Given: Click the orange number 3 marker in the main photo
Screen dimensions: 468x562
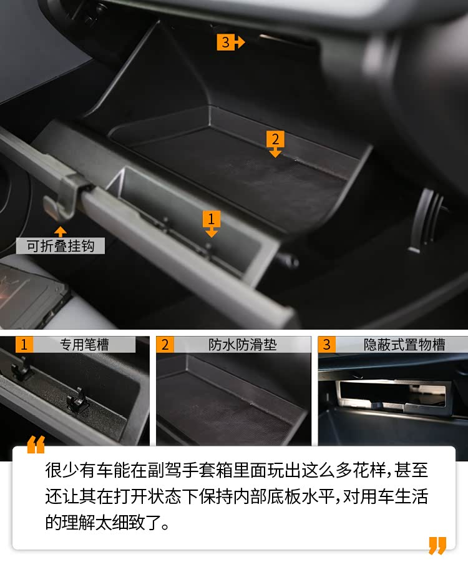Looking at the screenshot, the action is [x=230, y=42].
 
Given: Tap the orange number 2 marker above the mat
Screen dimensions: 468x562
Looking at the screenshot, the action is [x=275, y=144].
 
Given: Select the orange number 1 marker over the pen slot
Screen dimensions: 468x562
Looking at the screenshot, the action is [x=212, y=224].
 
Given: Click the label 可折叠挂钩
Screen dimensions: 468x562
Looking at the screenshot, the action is [x=61, y=246].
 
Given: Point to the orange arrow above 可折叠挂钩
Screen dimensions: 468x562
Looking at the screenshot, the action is [x=61, y=231].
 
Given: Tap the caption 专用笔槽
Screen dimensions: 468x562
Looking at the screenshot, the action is [x=84, y=345].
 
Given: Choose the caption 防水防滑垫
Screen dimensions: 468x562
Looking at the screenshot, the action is [x=243, y=345].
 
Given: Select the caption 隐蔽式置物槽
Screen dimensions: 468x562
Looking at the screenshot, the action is [x=404, y=345].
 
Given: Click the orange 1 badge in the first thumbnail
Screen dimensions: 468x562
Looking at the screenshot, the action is [x=24, y=345].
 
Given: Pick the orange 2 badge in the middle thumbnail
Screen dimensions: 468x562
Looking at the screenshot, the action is [x=165, y=345].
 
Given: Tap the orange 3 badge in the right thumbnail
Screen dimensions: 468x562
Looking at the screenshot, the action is [x=326, y=345].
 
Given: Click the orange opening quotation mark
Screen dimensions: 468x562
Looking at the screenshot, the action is [x=36, y=445].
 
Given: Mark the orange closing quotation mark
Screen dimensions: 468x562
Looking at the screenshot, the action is [x=437, y=545].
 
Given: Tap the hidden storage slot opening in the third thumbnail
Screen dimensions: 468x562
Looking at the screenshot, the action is [x=392, y=393].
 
